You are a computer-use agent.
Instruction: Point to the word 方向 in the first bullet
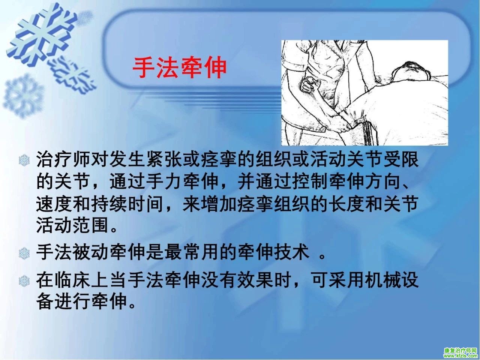click(384, 181)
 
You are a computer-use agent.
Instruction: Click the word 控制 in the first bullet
click(311, 181)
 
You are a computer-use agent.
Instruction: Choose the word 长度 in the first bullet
click(348, 204)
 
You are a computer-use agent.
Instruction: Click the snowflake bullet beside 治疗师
click(24, 160)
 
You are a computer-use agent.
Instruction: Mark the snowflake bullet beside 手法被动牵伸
click(24, 253)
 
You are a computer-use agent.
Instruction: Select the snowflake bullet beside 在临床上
click(24, 281)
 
